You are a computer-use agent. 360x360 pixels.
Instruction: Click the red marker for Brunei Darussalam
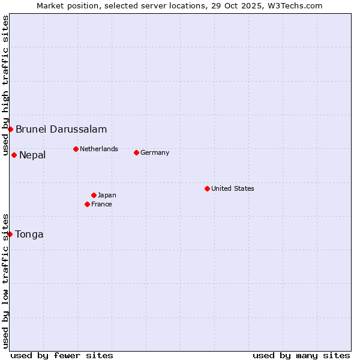point(10,129)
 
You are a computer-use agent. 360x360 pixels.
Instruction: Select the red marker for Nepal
point(14,155)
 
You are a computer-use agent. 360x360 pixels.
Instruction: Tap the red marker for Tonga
point(10,234)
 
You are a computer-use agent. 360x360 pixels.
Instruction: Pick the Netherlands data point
point(76,149)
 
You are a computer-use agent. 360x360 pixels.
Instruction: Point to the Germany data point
point(136,152)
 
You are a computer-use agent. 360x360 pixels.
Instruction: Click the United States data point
point(207,188)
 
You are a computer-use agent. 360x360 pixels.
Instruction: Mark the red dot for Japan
point(94,195)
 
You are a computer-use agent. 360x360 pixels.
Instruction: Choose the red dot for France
point(88,204)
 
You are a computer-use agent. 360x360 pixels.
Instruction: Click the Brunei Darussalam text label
point(61,129)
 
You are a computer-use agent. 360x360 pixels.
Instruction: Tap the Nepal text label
point(32,155)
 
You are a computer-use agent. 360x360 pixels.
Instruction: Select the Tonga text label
point(29,235)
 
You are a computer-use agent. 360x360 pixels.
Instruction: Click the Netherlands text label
point(99,149)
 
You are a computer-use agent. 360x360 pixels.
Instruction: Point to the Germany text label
point(155,152)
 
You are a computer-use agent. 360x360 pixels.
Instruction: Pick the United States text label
point(233,188)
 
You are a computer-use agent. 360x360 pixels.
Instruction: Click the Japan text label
point(107,195)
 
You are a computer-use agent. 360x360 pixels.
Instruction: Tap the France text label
point(101,204)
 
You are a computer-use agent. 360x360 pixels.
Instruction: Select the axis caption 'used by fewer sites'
point(62,355)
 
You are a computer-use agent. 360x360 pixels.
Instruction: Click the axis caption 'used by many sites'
point(301,355)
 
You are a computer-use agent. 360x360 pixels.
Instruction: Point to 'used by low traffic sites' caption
point(5,281)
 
